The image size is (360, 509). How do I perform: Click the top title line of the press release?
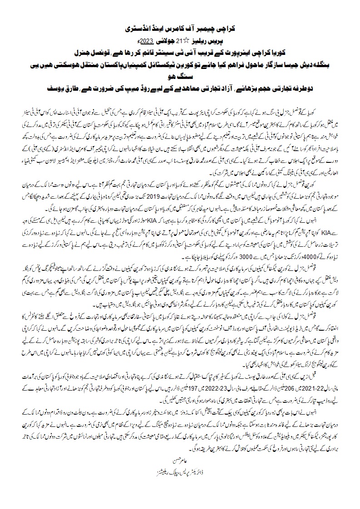tap(180, 28)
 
